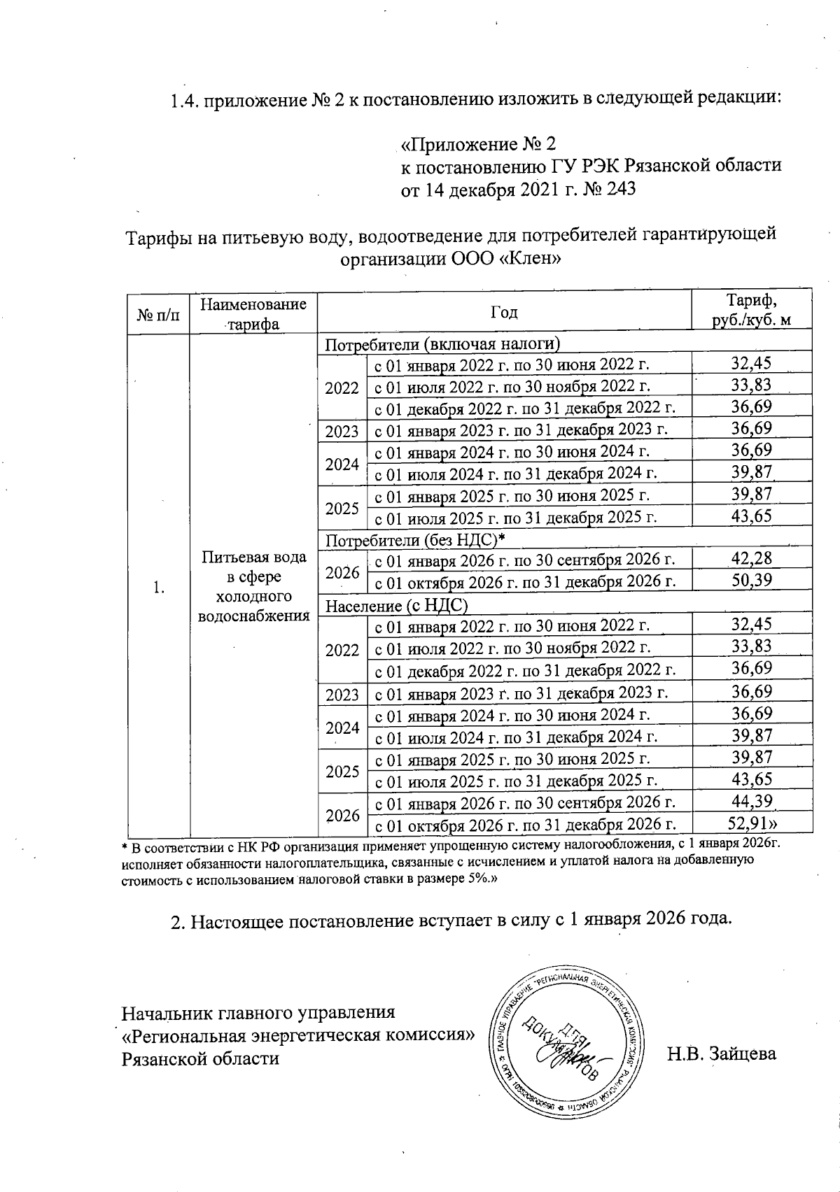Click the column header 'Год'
pyautogui.click(x=504, y=312)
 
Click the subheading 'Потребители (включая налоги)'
pyautogui.click(x=443, y=344)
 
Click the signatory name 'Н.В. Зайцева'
pyautogui.click(x=721, y=1053)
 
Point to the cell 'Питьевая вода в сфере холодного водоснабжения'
pyautogui.click(x=253, y=586)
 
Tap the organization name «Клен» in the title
pyautogui.click(x=536, y=258)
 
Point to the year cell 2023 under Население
pyautogui.click(x=342, y=694)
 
